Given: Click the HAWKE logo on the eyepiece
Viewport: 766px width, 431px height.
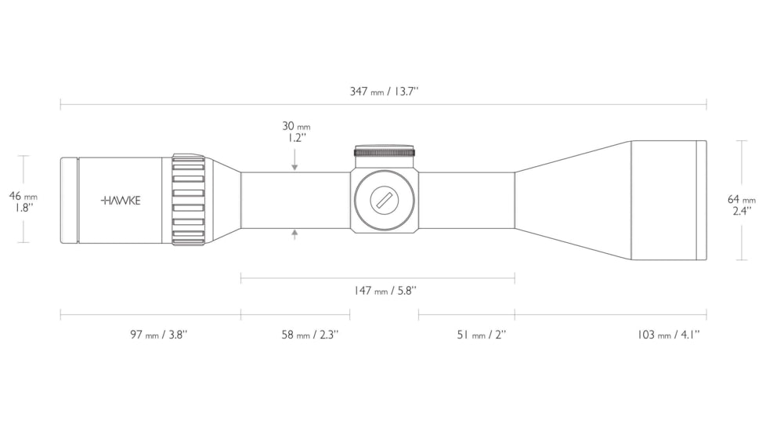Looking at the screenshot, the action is pyautogui.click(x=121, y=201).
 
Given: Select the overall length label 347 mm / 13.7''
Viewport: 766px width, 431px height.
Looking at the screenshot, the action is pyautogui.click(x=384, y=92).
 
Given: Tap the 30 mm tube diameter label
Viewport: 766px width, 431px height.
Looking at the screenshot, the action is pyautogui.click(x=296, y=126).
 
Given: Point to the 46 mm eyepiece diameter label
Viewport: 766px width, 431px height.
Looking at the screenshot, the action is pyautogui.click(x=23, y=196).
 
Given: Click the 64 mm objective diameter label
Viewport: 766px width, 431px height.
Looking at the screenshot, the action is pyautogui.click(x=741, y=199).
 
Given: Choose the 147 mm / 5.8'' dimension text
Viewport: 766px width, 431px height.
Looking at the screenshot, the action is pyautogui.click(x=385, y=291).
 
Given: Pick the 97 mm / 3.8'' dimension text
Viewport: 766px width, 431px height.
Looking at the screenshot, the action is pyautogui.click(x=159, y=335).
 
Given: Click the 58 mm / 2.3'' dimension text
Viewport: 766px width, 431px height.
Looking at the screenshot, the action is pyautogui.click(x=309, y=335).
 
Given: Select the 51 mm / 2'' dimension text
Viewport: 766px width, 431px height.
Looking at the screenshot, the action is pyautogui.click(x=481, y=335).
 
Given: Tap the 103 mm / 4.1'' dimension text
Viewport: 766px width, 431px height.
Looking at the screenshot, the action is pyautogui.click(x=668, y=335).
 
